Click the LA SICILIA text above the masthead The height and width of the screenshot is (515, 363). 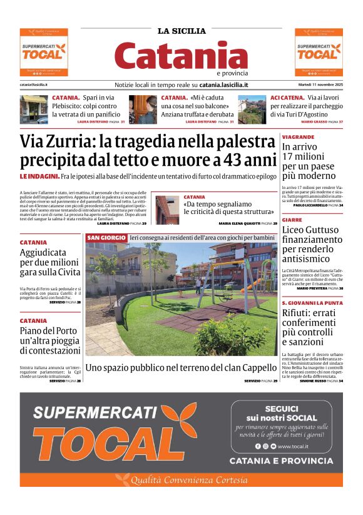[181, 31]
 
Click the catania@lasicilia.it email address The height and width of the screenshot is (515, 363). [34, 84]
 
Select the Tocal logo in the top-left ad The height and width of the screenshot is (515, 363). [43, 53]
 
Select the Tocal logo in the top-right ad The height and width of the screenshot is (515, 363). [319, 53]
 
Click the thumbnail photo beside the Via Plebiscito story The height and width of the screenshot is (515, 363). [34, 109]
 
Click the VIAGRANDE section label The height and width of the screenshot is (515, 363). [298, 136]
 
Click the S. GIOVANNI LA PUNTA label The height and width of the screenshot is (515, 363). [312, 302]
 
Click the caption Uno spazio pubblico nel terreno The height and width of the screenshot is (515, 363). [180, 367]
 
